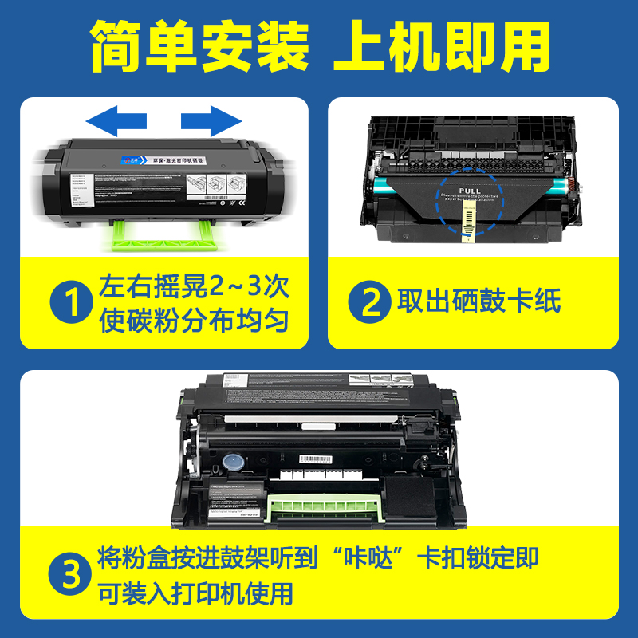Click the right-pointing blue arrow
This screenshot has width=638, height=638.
coord(211,120)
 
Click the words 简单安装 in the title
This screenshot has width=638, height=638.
coord(199,45)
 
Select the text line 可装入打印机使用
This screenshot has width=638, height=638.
coord(196,594)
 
